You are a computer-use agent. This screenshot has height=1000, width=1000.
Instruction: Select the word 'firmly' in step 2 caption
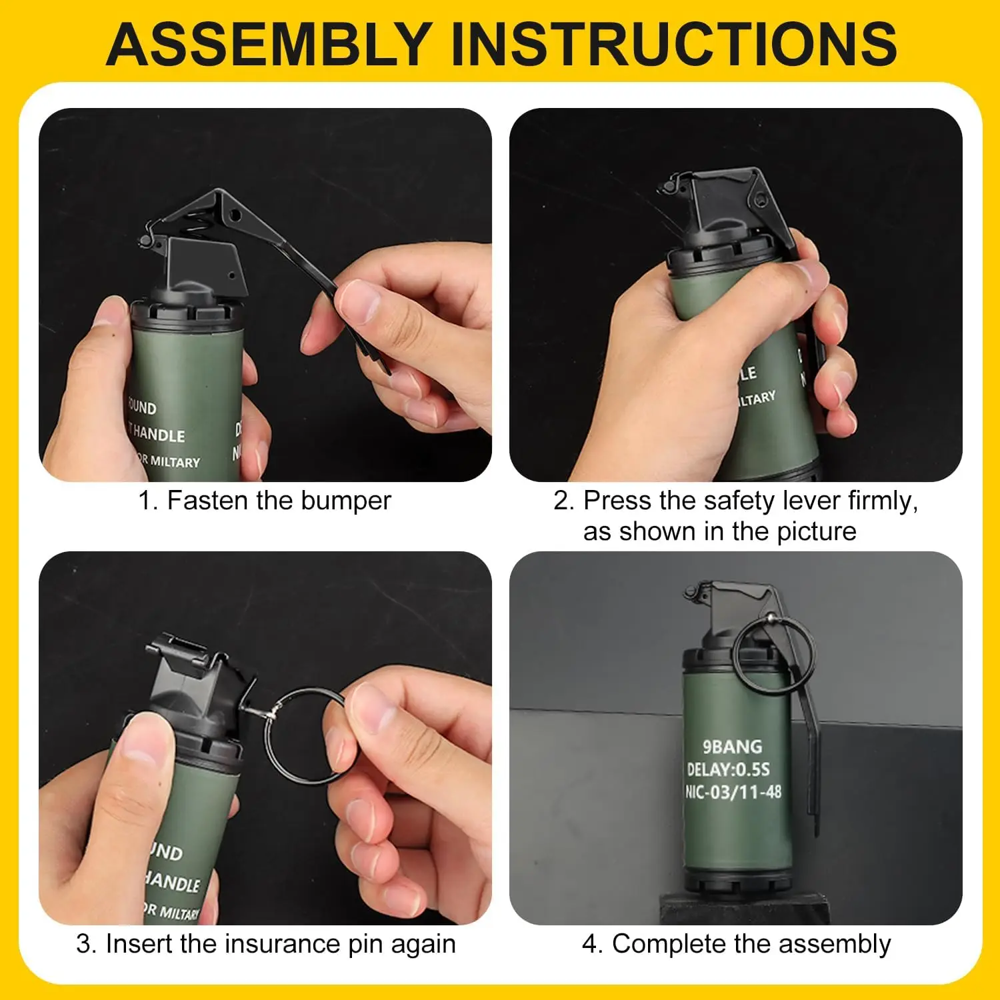[881, 501]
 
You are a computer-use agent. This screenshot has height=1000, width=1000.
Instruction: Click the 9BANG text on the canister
[732, 747]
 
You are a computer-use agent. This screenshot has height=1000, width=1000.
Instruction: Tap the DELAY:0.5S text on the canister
[728, 769]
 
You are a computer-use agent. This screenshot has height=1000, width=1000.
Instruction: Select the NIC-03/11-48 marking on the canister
[733, 792]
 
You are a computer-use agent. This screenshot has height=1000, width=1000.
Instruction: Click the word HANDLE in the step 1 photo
[158, 435]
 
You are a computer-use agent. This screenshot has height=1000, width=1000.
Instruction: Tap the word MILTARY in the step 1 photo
[175, 461]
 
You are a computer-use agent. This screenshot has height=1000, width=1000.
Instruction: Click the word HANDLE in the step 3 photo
[172, 883]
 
